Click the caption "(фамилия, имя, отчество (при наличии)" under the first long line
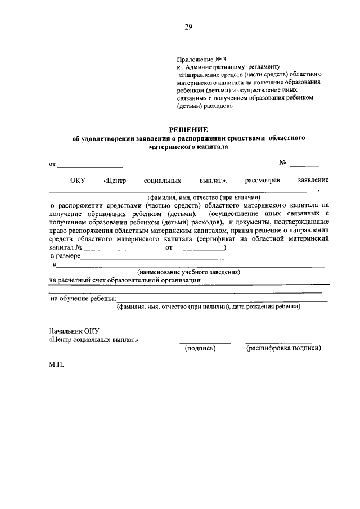click(204, 198)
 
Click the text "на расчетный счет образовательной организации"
click(125, 280)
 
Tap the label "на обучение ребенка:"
click(84, 298)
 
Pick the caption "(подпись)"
click(200, 349)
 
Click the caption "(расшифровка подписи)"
click(284, 349)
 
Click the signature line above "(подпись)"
click(205, 342)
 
